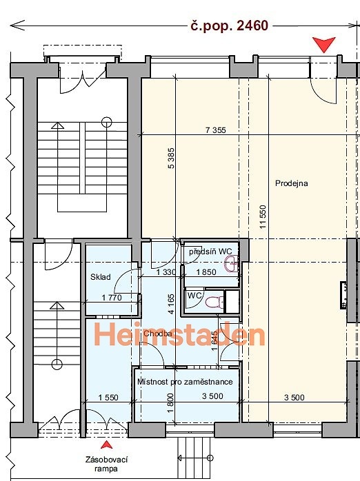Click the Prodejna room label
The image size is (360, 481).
291,183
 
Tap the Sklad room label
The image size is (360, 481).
101,277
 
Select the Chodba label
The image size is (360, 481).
157,334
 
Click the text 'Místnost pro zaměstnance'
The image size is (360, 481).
185,382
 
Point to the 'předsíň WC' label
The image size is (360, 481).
210,252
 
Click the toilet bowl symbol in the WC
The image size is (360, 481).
214,302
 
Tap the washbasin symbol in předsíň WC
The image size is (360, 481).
232,264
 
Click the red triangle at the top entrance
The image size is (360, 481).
323,45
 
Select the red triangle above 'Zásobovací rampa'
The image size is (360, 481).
106,444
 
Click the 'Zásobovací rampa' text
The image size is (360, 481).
106,464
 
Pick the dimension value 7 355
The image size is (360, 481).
215,130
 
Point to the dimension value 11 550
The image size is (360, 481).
263,217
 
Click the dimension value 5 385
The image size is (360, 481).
171,158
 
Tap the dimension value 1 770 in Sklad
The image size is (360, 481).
112,298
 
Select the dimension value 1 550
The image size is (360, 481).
108,398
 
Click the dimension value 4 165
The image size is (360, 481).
171,304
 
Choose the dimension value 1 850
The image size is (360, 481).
206,272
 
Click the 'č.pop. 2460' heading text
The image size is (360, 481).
230,25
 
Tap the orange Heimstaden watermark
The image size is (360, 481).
179,334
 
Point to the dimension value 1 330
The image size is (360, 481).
166,272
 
